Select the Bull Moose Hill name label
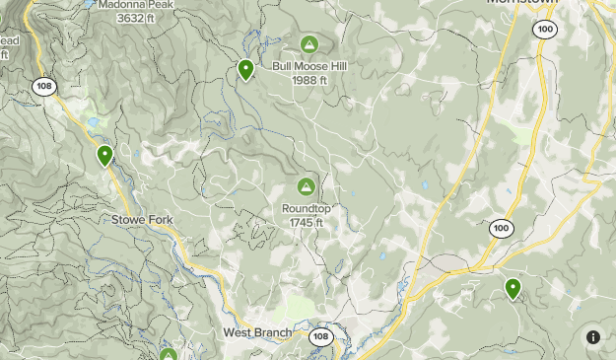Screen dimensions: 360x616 [309, 67]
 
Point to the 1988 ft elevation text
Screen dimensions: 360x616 [309, 80]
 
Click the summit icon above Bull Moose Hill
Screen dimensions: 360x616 [309, 44]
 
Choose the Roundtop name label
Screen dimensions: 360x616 [306, 209]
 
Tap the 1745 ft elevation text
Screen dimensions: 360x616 [306, 222]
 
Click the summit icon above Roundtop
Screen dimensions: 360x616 [306, 186]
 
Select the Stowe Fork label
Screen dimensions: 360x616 [142, 218]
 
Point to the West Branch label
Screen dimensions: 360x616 [257, 332]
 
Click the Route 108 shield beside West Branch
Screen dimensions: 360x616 [320, 337]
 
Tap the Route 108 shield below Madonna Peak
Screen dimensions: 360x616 [43, 86]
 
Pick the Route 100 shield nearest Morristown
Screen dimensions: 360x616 [545, 31]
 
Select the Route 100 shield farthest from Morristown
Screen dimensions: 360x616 [501, 228]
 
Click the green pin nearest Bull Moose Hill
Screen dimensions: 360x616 [245, 70]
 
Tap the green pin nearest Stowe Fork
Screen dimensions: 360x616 [104, 155]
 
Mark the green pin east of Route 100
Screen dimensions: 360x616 [513, 288]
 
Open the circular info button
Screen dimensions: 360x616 [593, 337]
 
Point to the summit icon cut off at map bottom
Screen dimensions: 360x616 [168, 354]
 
